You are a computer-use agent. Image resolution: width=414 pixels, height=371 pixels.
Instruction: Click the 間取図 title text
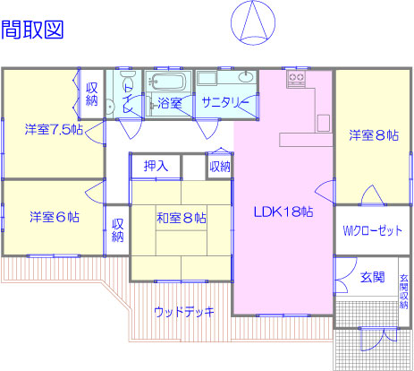32,30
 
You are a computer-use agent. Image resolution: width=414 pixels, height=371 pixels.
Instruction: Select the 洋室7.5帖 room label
54,130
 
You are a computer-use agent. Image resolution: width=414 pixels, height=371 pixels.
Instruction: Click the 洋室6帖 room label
55,217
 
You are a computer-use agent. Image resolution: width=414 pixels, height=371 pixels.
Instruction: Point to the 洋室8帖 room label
374,135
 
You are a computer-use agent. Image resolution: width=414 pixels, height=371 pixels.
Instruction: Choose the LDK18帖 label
283,211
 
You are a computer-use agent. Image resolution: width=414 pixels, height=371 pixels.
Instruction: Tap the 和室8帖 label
182,218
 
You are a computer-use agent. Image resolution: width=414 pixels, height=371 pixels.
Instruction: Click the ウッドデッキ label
184,312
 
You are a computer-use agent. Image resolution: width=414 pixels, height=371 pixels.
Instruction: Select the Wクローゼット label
373,230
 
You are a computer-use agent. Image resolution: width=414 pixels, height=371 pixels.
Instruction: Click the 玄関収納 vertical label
404,291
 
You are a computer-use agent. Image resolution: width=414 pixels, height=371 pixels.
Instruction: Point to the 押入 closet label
156,166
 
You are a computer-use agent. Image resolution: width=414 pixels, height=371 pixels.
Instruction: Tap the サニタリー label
225,102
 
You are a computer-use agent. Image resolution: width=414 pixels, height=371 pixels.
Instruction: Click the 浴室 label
170,103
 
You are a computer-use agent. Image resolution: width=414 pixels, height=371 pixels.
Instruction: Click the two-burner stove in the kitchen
296,79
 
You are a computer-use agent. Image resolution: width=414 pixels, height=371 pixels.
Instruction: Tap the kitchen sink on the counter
324,123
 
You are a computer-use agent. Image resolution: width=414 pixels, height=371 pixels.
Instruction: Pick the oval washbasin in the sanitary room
246,77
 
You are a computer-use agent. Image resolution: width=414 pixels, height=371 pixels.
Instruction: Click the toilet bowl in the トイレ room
127,75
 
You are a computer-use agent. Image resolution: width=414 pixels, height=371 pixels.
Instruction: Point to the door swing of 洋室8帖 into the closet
372,194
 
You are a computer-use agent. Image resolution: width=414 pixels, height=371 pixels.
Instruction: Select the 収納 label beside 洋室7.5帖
92,94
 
